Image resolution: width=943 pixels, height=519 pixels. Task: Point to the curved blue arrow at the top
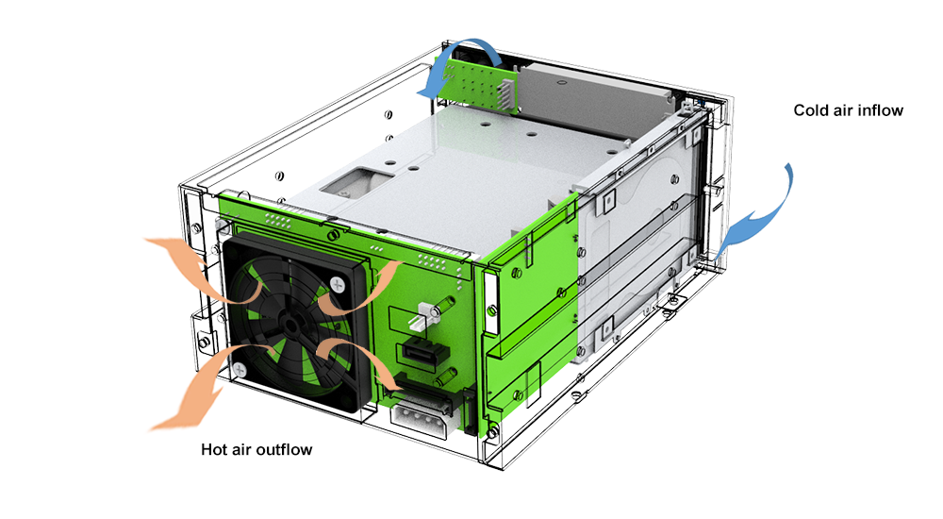[x=460, y=58]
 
